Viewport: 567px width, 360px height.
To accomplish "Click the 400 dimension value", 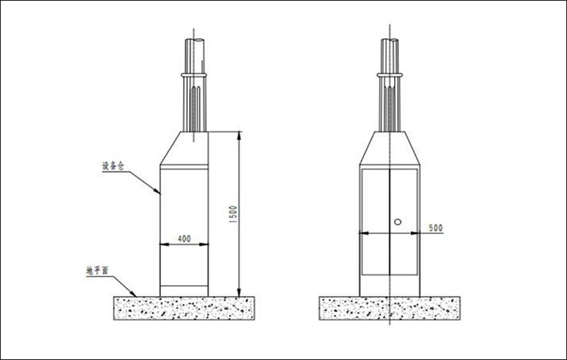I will coord(184,239).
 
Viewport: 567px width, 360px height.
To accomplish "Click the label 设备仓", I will coord(113,166).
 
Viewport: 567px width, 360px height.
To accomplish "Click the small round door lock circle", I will coord(398,222).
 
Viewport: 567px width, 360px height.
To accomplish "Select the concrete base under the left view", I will coord(184,308).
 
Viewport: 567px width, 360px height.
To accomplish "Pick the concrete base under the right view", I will coord(389,308).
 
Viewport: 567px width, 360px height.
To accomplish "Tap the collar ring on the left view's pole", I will coord(195,74).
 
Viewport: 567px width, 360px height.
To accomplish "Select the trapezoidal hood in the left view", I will coord(184,150).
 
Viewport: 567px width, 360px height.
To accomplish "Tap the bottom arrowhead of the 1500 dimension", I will coord(239,293).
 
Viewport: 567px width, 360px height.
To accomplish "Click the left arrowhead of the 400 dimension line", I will coord(163,245).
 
